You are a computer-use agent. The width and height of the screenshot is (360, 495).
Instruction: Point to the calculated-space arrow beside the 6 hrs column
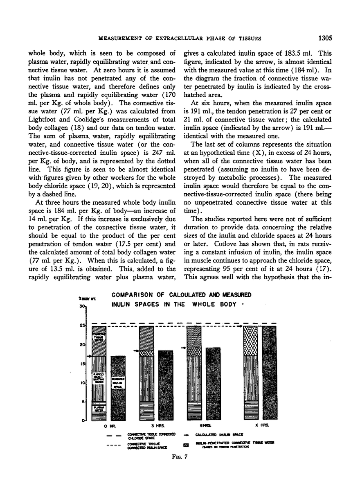point(184,348)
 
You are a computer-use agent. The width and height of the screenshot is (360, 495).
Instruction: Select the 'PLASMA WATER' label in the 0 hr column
point(98,407)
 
